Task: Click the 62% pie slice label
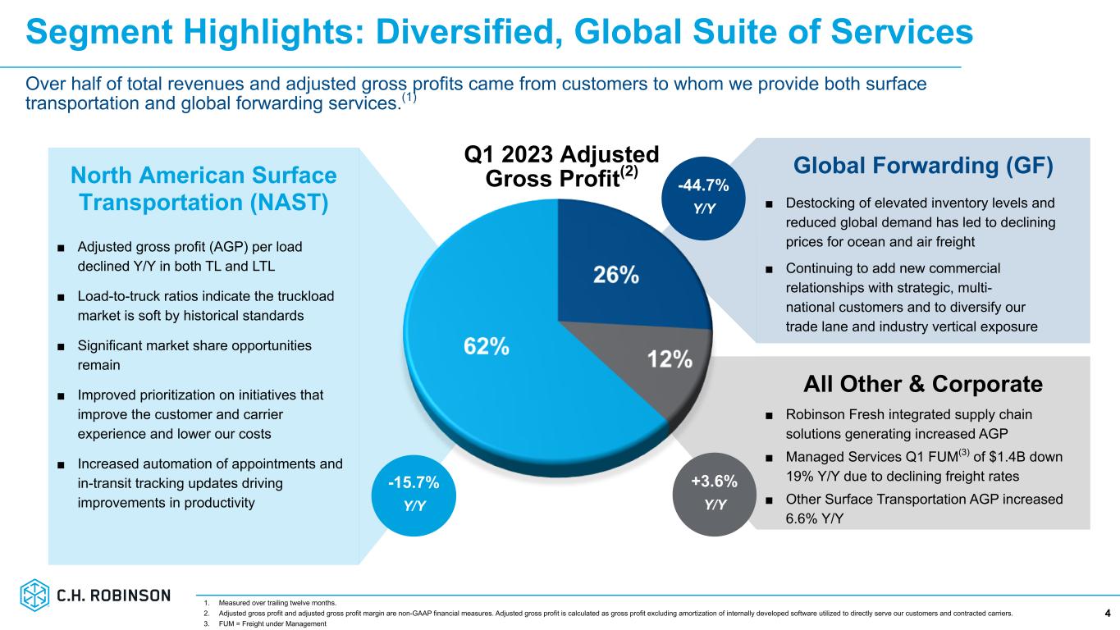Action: point(486,346)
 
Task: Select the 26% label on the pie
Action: point(616,276)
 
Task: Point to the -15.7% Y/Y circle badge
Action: point(414,491)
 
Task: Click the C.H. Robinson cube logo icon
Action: point(35,596)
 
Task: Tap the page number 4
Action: point(1108,613)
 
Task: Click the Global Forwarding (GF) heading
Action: point(923,166)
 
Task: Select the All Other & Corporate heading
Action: point(923,384)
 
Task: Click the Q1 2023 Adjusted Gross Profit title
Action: point(561,167)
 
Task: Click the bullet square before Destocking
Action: point(770,203)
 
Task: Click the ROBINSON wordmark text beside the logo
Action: point(134,596)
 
